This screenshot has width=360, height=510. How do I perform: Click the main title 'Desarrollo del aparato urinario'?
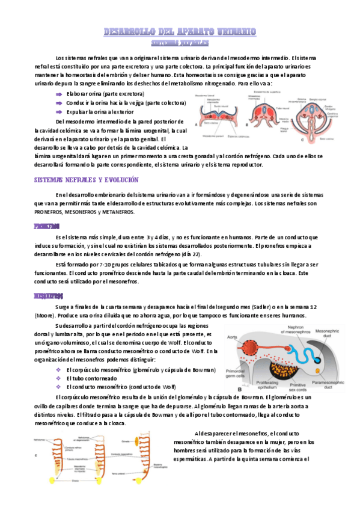(x=180, y=31)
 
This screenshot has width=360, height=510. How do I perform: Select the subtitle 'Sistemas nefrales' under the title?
(x=180, y=43)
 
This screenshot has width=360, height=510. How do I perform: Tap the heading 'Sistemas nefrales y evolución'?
(x=87, y=180)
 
